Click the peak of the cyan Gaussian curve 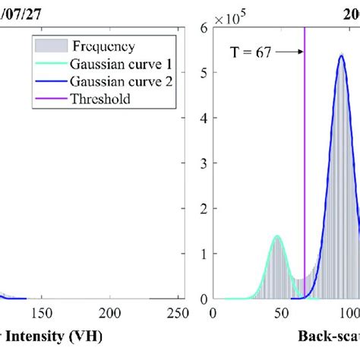tap(277, 235)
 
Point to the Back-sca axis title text tap(327, 335)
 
